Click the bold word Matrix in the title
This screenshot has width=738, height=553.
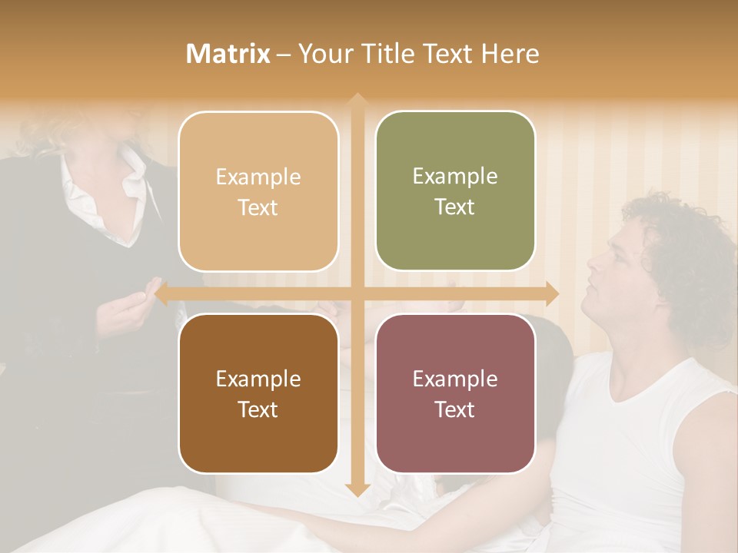[x=228, y=54]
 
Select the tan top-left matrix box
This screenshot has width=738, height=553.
[x=258, y=192]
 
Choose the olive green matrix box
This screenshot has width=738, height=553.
[x=455, y=191]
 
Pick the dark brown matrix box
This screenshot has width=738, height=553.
[x=258, y=393]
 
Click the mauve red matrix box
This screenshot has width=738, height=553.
[x=455, y=393]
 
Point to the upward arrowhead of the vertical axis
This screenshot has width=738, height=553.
[x=357, y=99]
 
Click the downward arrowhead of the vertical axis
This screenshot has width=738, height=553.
[x=357, y=489]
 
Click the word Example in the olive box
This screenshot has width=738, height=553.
[x=455, y=177]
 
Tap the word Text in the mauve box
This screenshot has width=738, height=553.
[x=455, y=409]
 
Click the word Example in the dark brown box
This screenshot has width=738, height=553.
[x=258, y=379]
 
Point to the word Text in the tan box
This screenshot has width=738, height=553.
[x=258, y=208]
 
